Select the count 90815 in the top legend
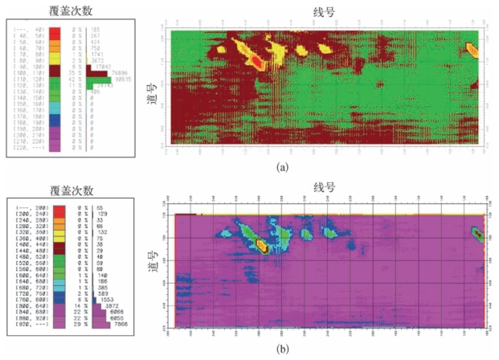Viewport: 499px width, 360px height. point(125,81)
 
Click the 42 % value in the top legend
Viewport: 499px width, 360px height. point(76,81)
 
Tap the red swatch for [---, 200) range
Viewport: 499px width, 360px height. point(56,207)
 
